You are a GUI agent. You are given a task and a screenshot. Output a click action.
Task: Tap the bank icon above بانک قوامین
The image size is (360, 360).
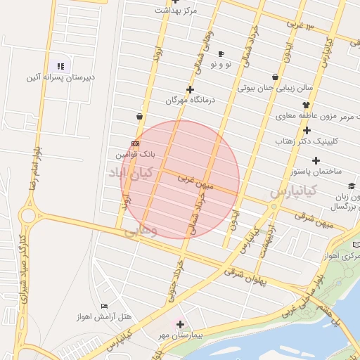(135, 143)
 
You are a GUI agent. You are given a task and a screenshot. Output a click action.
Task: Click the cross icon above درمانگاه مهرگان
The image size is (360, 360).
(190, 89)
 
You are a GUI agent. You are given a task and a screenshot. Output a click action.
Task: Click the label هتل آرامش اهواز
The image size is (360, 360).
(104, 317)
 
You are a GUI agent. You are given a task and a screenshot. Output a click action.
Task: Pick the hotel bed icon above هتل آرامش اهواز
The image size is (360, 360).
(105, 307)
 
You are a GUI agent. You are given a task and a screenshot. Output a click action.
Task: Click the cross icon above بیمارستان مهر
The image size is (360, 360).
(180, 325)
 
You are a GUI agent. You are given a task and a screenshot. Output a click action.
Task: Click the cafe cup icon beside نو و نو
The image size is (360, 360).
(221, 54)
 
